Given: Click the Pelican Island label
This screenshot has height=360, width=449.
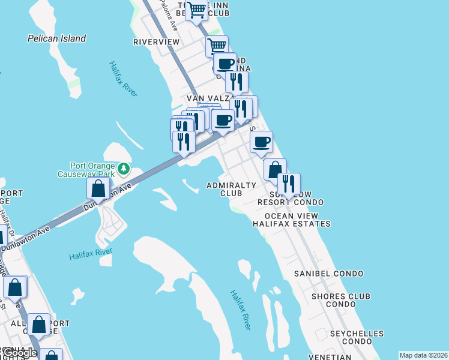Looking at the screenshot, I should click(x=57, y=38).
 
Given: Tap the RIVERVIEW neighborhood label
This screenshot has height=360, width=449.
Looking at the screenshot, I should click(x=156, y=42).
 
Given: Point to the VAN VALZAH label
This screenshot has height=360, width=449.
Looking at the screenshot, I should click(x=205, y=98).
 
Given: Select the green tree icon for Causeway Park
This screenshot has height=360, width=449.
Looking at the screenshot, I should click(x=124, y=169).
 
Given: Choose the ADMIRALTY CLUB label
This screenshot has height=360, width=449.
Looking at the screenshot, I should click(x=231, y=189).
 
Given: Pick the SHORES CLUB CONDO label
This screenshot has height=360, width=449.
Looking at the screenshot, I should click(x=340, y=300).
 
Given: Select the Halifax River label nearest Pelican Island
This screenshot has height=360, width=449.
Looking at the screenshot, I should click(x=124, y=79).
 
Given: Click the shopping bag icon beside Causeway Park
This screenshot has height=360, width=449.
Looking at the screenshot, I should click(x=98, y=188).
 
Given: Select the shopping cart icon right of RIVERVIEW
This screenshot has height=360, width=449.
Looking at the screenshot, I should click(x=217, y=46).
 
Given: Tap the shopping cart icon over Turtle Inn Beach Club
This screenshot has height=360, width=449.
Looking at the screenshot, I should click(x=196, y=10).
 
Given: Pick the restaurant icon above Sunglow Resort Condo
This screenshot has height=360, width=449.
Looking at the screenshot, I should click(x=288, y=184).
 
